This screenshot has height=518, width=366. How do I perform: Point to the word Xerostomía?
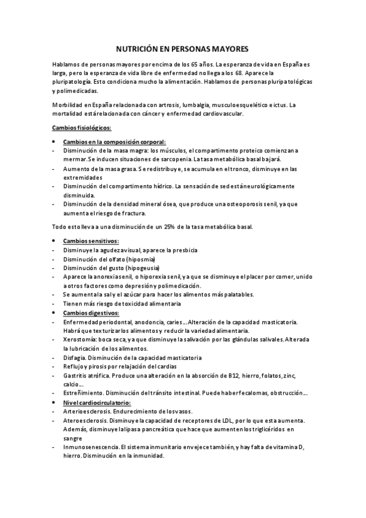[x=79, y=340]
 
